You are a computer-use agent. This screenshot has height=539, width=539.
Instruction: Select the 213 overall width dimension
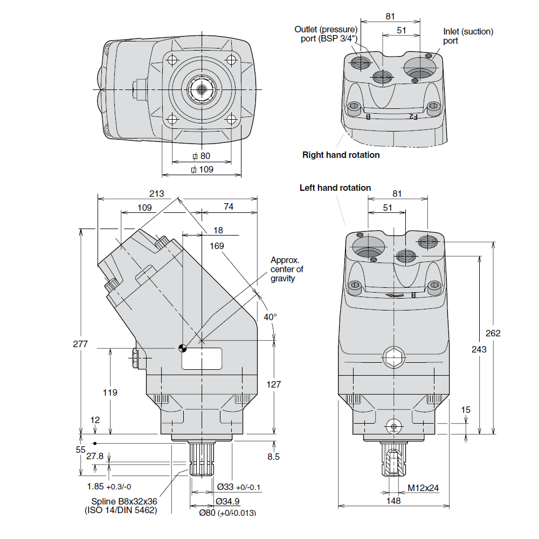[x=156, y=194]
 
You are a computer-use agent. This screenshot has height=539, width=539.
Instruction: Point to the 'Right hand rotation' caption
[x=341, y=155]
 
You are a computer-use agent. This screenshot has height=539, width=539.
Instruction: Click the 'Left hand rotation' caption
[x=335, y=188]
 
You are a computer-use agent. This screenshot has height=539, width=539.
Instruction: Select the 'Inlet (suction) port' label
[x=468, y=36]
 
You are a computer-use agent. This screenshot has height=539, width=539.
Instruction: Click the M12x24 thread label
[x=423, y=488]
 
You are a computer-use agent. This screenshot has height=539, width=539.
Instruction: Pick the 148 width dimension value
[x=393, y=501]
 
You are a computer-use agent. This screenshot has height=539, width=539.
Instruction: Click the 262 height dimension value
[x=493, y=333]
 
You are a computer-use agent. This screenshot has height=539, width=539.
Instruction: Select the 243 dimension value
[x=479, y=349]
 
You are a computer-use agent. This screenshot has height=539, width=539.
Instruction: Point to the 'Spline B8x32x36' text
[x=124, y=501]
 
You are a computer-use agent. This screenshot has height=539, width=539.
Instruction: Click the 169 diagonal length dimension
[x=217, y=246]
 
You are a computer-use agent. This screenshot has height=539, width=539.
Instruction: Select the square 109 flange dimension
[x=202, y=169]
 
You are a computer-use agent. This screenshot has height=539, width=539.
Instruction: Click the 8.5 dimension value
[x=273, y=457]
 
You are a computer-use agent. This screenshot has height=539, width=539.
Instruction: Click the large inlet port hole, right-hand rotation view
[x=421, y=68]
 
